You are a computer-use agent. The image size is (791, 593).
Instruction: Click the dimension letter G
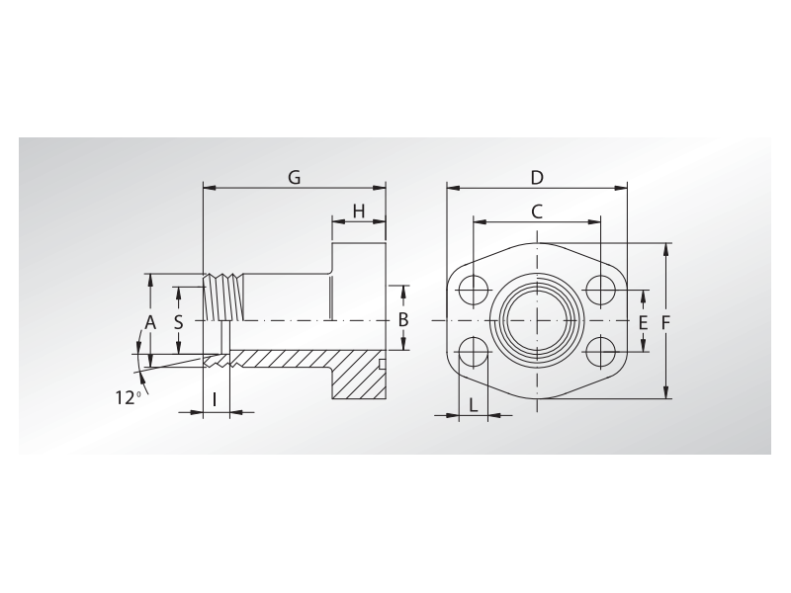click(294, 177)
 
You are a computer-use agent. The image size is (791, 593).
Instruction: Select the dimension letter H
click(359, 211)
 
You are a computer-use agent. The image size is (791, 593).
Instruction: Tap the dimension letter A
click(150, 322)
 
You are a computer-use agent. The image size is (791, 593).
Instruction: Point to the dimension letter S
click(178, 322)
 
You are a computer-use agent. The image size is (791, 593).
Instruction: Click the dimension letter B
click(402, 319)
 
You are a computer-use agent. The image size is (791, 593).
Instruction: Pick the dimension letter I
click(216, 400)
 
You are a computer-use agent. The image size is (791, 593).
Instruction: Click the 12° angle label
click(127, 397)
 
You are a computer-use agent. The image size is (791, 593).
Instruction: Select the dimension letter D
click(537, 178)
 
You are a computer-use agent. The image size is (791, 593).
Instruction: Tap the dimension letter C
click(537, 211)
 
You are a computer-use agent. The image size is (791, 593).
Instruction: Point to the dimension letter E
click(643, 323)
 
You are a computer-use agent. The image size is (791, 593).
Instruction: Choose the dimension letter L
click(474, 404)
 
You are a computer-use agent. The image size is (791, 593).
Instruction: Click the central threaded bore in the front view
click(537, 320)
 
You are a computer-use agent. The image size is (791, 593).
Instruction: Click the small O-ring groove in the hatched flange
click(382, 366)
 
